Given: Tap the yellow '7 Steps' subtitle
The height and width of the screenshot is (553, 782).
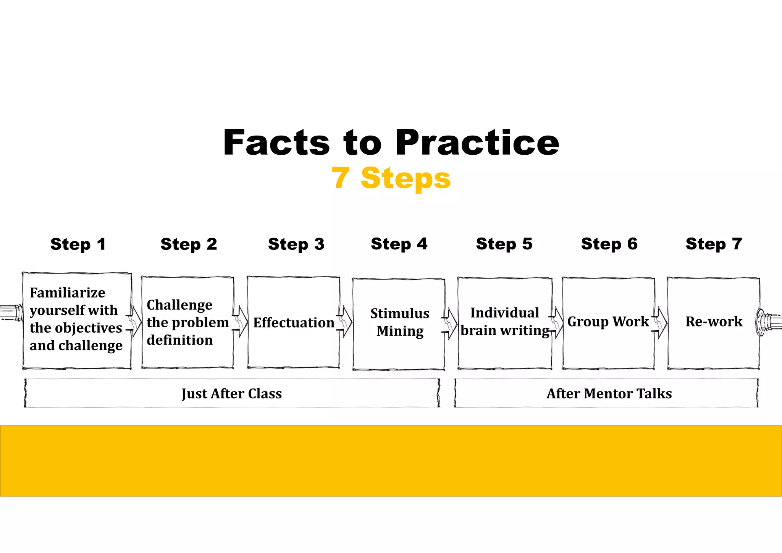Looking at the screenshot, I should click(x=391, y=178).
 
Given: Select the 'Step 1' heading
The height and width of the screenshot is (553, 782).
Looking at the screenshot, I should click(x=78, y=244).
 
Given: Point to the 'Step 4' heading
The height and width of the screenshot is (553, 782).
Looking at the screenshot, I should click(x=399, y=244).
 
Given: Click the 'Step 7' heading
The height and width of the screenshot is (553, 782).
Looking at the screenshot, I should click(x=714, y=244).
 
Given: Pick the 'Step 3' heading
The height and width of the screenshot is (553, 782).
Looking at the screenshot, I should click(x=296, y=244).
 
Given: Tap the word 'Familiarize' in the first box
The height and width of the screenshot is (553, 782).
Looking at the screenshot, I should click(x=67, y=293).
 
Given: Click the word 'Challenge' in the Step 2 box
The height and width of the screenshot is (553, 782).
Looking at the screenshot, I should click(x=179, y=305).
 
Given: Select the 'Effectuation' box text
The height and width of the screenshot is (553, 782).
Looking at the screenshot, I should click(x=294, y=323).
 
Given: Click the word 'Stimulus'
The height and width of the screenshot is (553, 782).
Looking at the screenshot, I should click(x=400, y=314).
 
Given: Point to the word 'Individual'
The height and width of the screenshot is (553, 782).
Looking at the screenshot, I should click(x=504, y=313).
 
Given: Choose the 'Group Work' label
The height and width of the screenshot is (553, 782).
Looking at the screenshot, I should click(x=608, y=322).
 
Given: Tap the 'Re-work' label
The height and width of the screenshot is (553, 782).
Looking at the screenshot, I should click(x=714, y=322).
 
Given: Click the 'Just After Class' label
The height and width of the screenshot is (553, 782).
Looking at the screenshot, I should click(x=232, y=394).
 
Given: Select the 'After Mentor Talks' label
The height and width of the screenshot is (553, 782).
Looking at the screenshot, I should click(x=609, y=394).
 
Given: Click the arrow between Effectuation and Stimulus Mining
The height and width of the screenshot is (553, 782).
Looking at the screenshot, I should click(x=346, y=322).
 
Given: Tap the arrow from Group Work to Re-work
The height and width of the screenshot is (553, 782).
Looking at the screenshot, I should click(x=661, y=323).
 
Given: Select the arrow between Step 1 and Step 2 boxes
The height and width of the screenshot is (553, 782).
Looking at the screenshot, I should click(x=135, y=322).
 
